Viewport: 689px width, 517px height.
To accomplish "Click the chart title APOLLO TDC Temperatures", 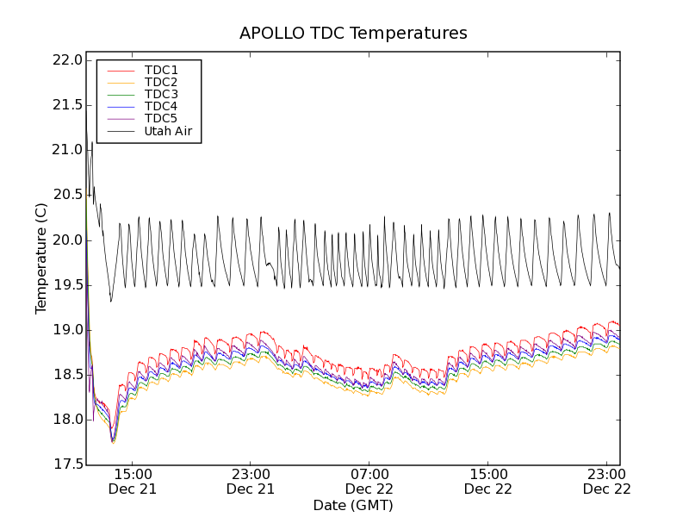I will point(353,34).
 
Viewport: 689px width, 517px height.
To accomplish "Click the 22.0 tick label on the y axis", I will point(66,60).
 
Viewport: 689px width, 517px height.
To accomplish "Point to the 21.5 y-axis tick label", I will point(66,105).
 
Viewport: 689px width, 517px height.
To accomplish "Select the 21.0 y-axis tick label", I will point(66,150).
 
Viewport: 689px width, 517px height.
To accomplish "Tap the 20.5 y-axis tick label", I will point(66,195).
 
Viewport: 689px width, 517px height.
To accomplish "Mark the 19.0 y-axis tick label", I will point(66,330).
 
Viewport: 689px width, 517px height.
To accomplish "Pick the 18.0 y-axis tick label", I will point(66,420).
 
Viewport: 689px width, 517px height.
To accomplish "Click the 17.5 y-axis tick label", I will point(66,464).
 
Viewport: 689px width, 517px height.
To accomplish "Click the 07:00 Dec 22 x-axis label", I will point(369,481).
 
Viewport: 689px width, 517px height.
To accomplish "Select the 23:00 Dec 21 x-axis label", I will point(251,481).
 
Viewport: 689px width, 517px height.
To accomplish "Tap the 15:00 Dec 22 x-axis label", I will point(488,481).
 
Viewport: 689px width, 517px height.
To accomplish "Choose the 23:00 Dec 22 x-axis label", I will point(607,481).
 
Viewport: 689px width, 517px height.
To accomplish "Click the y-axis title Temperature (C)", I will point(41,258).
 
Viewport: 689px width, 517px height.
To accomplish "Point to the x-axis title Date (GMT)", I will point(353,505).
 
